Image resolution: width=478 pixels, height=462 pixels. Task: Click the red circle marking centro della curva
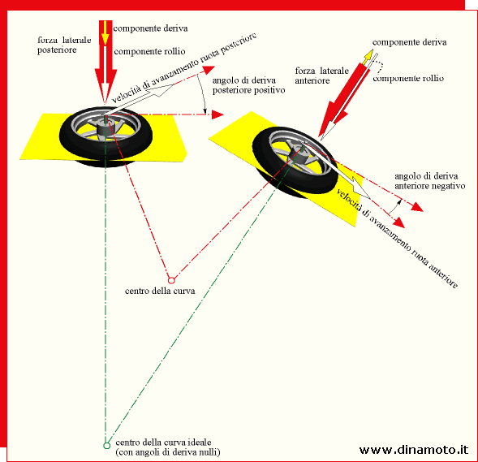coord(171,280)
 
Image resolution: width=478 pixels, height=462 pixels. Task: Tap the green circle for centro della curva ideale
coord(106,446)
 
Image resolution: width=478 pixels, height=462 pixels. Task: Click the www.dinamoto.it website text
coord(414,450)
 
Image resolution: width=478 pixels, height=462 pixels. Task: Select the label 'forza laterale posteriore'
coord(64,45)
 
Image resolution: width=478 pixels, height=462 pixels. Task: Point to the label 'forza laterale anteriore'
coord(321,76)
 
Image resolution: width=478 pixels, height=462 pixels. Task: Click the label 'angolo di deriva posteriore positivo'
coord(249,85)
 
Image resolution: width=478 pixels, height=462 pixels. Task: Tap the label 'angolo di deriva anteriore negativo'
coord(430,181)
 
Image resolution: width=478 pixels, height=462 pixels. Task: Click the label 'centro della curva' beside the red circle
coord(160,291)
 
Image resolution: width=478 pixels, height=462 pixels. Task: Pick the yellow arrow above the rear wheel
coord(105,33)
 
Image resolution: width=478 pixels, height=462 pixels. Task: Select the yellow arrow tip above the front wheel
coord(369,54)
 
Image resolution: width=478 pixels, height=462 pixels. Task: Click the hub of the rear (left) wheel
coord(106,127)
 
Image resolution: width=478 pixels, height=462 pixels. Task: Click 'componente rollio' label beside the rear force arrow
coord(149,51)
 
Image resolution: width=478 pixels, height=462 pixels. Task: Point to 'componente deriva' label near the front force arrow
coord(409,42)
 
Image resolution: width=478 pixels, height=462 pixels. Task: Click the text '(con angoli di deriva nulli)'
coord(168,452)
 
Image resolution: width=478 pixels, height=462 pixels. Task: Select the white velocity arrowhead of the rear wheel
coord(163,90)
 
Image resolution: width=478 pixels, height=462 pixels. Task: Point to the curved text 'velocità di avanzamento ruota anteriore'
coord(397,239)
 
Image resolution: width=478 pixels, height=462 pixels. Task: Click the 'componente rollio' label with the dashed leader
coord(408,79)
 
